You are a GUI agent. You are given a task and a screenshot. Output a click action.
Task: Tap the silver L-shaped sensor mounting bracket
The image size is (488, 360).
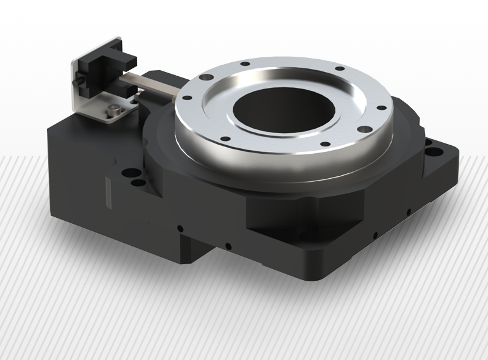(x=91, y=104)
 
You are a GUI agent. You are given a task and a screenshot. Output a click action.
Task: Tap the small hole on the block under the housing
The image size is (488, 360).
(x=227, y=247)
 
